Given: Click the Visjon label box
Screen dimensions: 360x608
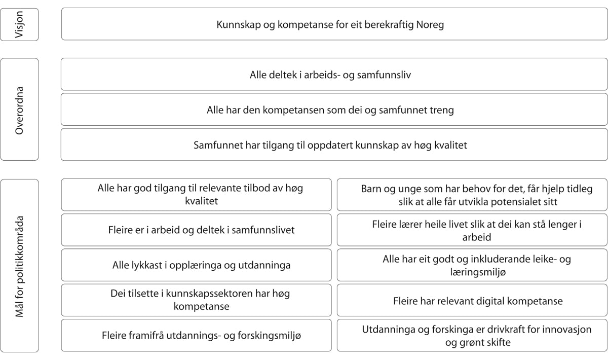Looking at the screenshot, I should [19, 24].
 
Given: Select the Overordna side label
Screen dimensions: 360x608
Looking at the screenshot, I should [19, 110].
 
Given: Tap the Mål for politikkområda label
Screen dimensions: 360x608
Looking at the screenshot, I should [19, 265].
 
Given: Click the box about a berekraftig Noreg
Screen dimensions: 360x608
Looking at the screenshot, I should [334, 24].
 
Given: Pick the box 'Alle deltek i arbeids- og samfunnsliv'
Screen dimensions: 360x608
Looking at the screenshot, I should [334, 75].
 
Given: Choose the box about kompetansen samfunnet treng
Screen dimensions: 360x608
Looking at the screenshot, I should [334, 110].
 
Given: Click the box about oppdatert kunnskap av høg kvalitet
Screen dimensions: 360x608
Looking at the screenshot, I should [334, 145].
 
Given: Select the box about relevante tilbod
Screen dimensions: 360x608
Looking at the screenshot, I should [197, 195].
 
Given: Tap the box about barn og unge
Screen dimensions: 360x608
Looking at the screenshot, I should [472, 195].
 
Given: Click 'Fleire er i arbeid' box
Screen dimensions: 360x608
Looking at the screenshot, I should [197, 230].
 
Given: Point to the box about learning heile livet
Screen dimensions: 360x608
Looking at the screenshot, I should [472, 230].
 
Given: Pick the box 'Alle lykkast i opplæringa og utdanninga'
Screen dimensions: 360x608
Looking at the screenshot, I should [197, 265].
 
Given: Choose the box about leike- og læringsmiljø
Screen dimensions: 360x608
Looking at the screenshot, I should [472, 265].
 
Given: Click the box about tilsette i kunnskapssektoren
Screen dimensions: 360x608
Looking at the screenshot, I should [197, 300].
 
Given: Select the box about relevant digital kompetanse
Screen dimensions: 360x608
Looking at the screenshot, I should [472, 300].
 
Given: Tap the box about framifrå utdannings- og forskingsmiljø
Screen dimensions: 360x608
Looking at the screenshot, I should [197, 335].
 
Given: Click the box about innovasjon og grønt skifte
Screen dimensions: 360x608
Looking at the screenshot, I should [472, 335].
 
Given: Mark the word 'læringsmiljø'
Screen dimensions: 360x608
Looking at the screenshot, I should [477, 272].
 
